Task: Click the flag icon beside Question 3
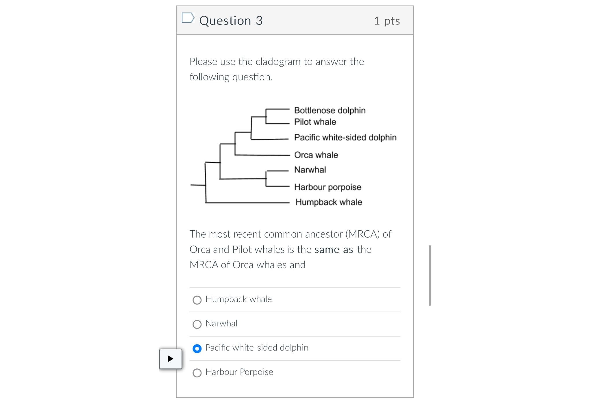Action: [x=188, y=18]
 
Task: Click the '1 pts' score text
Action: [x=387, y=21]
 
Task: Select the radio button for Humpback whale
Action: [x=197, y=300]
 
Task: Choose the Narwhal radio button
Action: [x=197, y=324]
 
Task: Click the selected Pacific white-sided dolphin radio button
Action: [x=197, y=348]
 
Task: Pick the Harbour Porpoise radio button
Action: [x=197, y=373]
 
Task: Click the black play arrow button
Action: [x=171, y=359]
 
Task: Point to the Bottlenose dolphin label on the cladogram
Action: [x=330, y=110]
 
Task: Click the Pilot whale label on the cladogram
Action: [x=315, y=122]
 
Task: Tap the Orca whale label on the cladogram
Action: [x=316, y=155]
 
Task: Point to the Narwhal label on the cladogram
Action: [x=310, y=170]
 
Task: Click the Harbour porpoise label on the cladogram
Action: [x=328, y=187]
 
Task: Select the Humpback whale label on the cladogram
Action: [x=328, y=202]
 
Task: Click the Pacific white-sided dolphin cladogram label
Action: [x=345, y=137]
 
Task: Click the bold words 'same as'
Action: [x=334, y=249]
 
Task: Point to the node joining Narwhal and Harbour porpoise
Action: [x=266, y=179]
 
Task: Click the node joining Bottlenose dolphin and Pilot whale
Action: [x=266, y=117]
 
